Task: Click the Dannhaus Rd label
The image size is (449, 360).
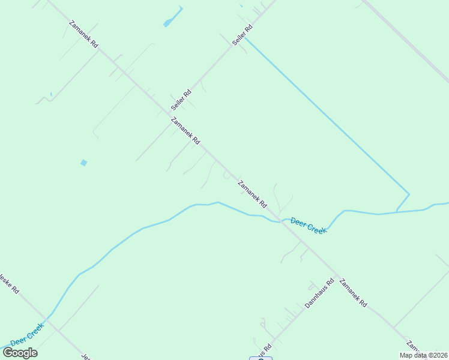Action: [319, 293]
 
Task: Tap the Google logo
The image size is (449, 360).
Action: [20, 352]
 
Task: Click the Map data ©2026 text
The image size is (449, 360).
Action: [423, 355]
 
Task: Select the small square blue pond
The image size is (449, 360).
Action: [83, 163]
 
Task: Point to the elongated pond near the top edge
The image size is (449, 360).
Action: [173, 17]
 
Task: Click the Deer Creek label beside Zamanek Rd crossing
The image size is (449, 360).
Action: [308, 226]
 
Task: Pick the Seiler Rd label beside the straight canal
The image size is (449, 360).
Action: [242, 35]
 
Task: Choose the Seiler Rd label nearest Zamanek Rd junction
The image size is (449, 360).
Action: [181, 99]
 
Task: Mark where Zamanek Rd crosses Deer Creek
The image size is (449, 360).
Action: [280, 221]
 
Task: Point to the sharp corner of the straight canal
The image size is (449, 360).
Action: [409, 194]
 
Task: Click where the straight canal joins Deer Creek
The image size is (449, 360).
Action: [396, 212]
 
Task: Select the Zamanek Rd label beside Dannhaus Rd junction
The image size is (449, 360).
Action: [353, 293]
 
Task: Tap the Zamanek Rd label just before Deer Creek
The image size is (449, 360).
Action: [252, 194]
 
